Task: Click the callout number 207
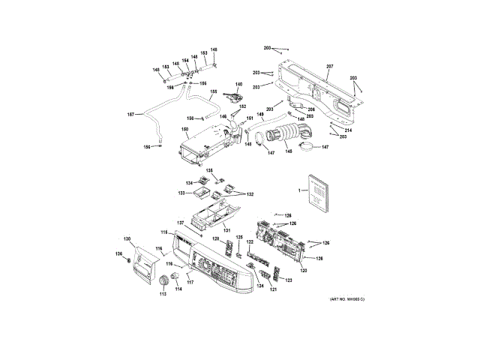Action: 328,67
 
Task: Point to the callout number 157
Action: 130,114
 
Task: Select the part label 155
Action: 213,92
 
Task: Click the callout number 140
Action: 239,84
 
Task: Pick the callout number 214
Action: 348,130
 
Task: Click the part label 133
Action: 182,193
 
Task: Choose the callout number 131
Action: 226,229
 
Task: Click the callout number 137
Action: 181,223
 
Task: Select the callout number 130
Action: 127,238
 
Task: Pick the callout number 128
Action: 214,239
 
